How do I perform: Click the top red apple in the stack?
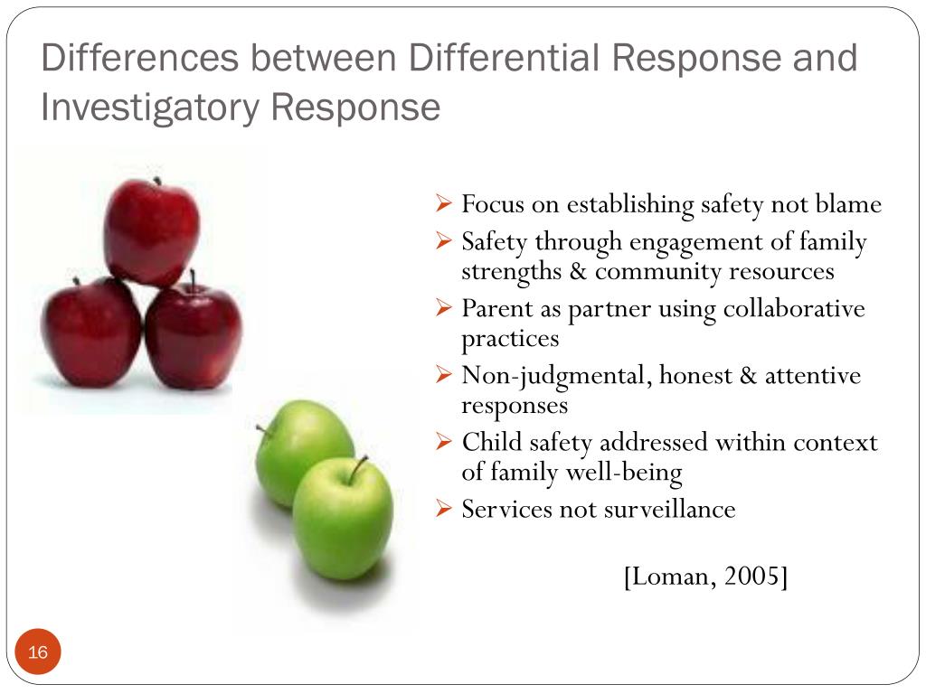click(x=151, y=231)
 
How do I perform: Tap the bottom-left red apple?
click(x=90, y=332)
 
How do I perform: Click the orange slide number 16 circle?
click(x=38, y=652)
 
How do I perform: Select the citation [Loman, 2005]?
click(x=705, y=576)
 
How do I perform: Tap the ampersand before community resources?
click(x=578, y=272)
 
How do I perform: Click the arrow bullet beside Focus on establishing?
click(x=443, y=204)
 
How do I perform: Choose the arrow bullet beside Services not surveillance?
click(x=443, y=509)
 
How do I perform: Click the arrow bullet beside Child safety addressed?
click(x=443, y=442)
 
